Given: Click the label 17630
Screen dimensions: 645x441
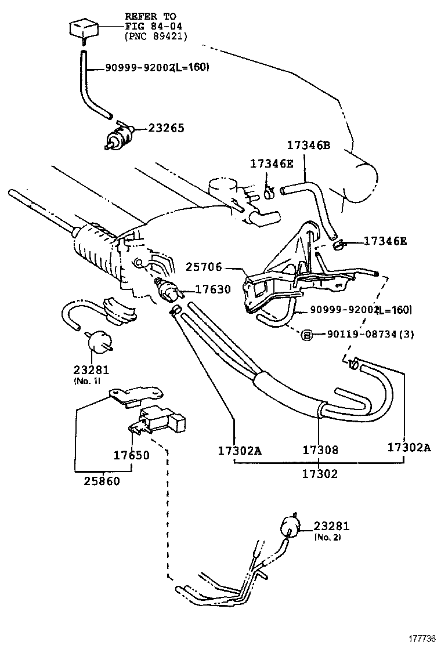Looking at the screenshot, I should pyautogui.click(x=212, y=289).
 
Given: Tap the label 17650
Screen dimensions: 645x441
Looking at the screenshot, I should pyautogui.click(x=131, y=455).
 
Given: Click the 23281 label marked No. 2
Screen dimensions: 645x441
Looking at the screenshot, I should pyautogui.click(x=332, y=526).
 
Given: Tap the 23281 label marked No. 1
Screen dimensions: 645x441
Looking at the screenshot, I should pyautogui.click(x=91, y=369).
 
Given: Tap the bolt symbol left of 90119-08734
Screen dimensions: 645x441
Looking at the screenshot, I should pyautogui.click(x=307, y=335).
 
